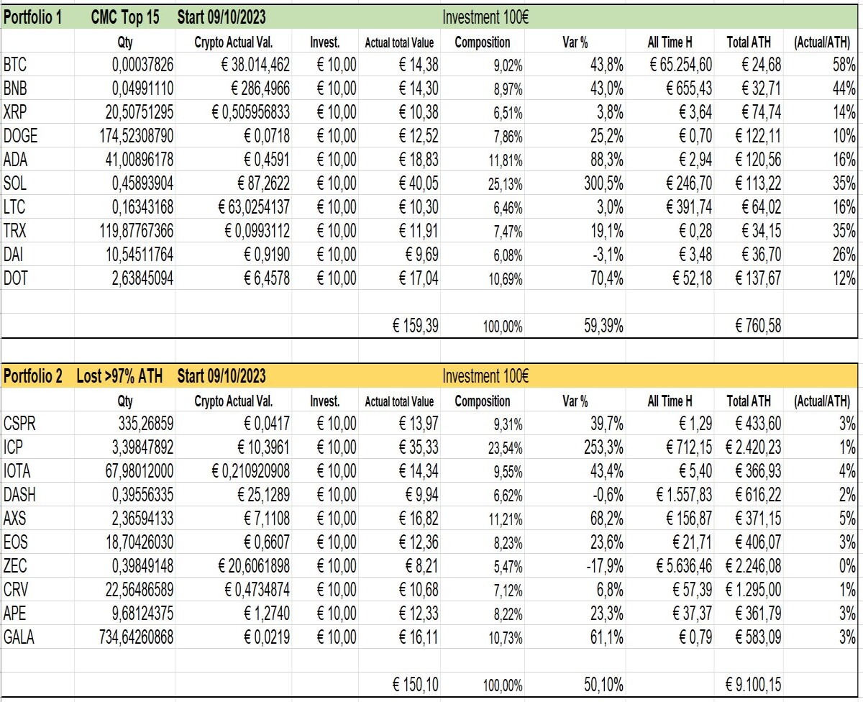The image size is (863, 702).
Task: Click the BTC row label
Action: click(x=15, y=65)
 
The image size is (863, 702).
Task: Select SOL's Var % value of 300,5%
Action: click(x=603, y=183)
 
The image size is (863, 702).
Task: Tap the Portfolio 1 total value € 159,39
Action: click(x=416, y=326)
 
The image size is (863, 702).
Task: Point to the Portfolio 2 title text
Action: click(x=33, y=376)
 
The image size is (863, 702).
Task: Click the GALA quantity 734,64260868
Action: click(x=137, y=637)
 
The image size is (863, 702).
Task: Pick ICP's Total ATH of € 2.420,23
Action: click(x=753, y=447)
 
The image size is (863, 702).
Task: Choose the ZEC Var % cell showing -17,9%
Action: click(x=605, y=565)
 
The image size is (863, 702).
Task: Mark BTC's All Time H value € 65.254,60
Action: click(x=681, y=65)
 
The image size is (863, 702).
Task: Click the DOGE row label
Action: click(x=20, y=136)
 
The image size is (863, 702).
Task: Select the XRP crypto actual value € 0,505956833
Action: click(x=251, y=111)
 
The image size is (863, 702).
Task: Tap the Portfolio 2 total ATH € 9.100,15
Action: click(x=753, y=685)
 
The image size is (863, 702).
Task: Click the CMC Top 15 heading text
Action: click(x=125, y=17)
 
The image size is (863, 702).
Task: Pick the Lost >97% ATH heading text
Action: click(x=119, y=376)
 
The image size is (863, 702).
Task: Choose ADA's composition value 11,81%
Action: click(x=506, y=160)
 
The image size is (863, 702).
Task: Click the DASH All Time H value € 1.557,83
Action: click(x=685, y=495)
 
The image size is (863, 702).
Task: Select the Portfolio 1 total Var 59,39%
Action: click(x=603, y=326)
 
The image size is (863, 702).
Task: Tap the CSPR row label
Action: click(x=19, y=424)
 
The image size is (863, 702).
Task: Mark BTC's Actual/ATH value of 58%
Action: click(x=844, y=65)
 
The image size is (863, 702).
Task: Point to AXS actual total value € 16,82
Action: click(x=419, y=518)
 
